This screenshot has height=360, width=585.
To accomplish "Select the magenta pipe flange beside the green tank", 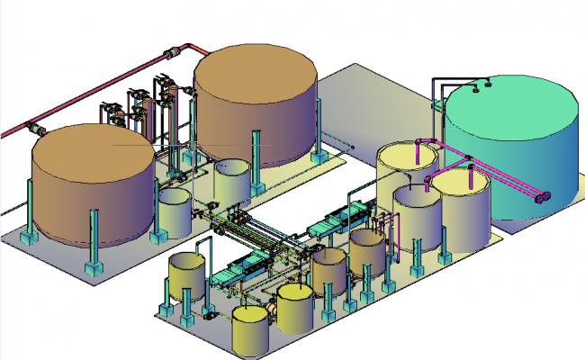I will pos(542,197).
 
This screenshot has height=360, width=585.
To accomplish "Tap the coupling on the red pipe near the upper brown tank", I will pos(171,54).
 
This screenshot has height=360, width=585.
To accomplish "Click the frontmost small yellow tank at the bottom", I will pos(249,330).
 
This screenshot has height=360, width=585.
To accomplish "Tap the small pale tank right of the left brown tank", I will pos(174,209).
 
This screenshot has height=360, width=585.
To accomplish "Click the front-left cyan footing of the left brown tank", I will pos(93,268).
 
